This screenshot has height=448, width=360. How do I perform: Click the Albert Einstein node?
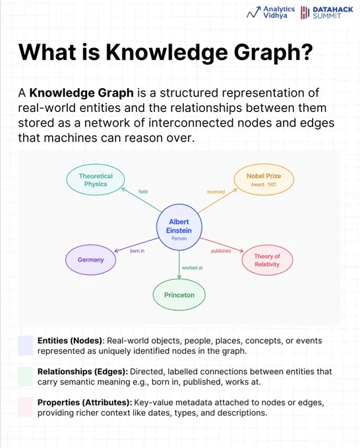click(x=179, y=227)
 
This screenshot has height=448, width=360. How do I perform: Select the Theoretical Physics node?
click(x=96, y=180)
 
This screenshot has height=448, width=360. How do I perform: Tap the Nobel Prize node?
click(x=264, y=179)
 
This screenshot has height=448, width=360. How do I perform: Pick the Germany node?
click(x=90, y=260)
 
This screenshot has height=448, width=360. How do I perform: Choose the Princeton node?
click(x=179, y=295)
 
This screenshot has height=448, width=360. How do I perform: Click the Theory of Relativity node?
click(x=267, y=260)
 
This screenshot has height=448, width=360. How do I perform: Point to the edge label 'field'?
click(x=143, y=192)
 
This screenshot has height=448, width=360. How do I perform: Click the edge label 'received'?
click(x=216, y=192)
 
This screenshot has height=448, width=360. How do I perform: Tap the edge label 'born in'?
click(x=137, y=251)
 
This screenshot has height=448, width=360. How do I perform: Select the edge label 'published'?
click(x=221, y=251)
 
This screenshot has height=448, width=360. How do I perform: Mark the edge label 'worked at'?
click(x=192, y=267)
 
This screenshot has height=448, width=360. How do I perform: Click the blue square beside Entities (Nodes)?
click(x=26, y=345)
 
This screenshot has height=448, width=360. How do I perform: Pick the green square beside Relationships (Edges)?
click(x=26, y=377)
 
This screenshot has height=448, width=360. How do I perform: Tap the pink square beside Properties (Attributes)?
click(x=26, y=407)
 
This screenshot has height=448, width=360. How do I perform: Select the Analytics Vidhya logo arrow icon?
click(x=254, y=13)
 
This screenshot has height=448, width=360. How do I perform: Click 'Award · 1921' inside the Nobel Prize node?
click(x=264, y=184)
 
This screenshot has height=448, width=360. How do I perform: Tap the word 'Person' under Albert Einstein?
click(x=179, y=238)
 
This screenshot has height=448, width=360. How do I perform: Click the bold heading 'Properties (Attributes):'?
click(x=84, y=403)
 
